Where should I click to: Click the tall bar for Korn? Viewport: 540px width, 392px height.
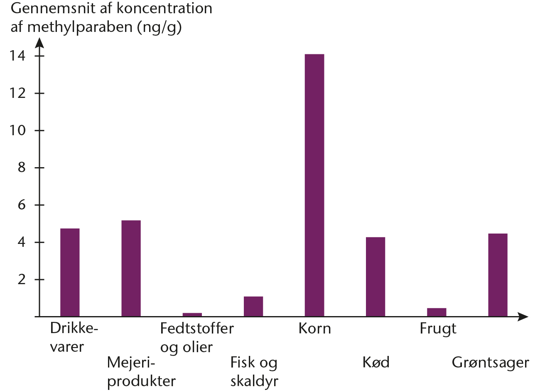314,185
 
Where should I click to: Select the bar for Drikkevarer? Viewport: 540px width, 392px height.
70,273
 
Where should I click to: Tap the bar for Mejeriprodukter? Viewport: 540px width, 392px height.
131,268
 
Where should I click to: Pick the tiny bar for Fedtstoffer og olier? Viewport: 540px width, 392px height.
192,314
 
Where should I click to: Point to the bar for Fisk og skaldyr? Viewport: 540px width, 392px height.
253,307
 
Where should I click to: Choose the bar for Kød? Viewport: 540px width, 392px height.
376,277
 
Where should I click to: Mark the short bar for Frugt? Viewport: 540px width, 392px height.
437,312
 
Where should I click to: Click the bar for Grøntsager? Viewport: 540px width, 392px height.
498,275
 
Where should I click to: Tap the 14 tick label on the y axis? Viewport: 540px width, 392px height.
17,56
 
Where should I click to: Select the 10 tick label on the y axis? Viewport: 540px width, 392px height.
17,130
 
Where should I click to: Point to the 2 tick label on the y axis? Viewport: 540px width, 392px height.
22,280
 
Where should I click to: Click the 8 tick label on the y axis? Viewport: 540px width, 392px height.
22,168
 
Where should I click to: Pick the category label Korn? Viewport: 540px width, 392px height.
315,329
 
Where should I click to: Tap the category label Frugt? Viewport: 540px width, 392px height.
438,329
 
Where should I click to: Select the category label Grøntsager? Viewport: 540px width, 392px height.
491,363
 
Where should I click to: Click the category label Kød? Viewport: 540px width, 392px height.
376,363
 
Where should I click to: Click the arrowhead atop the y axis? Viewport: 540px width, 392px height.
40,42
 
